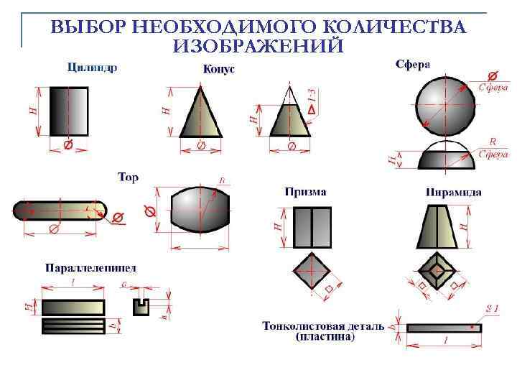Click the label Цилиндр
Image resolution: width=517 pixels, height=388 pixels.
pyautogui.click(x=92, y=68)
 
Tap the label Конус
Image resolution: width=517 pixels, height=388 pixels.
pyautogui.click(x=219, y=69)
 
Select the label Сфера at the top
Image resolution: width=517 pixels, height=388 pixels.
pyautogui.click(x=413, y=63)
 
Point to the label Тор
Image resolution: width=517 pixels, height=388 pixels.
pyautogui.click(x=128, y=177)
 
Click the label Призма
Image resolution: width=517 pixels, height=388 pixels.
pyautogui.click(x=305, y=192)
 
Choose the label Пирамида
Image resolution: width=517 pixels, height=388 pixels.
pyautogui.click(x=453, y=192)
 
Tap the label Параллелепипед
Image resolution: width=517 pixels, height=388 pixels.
pyautogui.click(x=91, y=268)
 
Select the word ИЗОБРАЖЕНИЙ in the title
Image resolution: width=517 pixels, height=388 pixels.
pyautogui.click(x=258, y=47)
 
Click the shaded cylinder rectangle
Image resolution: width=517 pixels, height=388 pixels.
pyautogui.click(x=69, y=111)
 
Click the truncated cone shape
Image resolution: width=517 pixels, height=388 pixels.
pyautogui.click(x=290, y=119)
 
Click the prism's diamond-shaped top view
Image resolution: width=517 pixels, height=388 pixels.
pyautogui.click(x=312, y=273)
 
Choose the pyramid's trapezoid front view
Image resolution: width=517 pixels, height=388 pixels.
pyautogui.click(x=436, y=226)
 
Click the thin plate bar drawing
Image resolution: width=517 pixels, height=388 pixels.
pyautogui.click(x=443, y=328)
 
